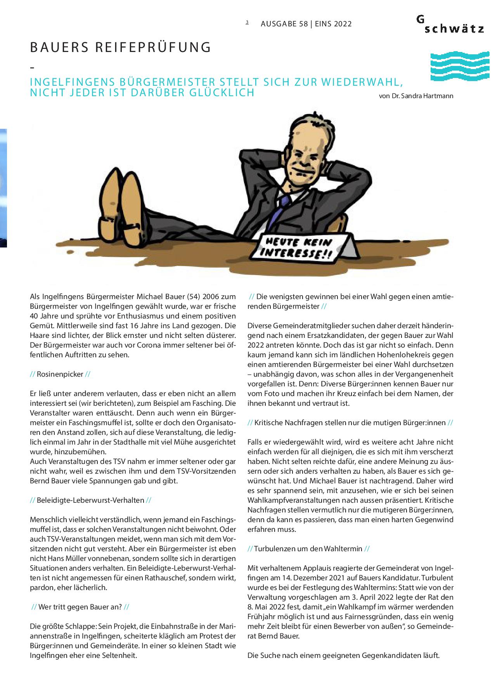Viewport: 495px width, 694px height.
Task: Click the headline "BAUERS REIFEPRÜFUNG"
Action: point(120,47)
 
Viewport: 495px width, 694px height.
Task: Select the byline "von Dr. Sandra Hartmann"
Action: point(416,96)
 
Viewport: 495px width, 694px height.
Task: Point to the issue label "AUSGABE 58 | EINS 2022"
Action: point(306,24)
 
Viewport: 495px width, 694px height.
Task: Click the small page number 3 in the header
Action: point(247,22)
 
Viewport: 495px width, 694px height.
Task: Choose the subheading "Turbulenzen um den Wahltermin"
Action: point(308,549)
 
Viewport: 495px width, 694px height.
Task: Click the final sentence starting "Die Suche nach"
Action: point(343,656)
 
